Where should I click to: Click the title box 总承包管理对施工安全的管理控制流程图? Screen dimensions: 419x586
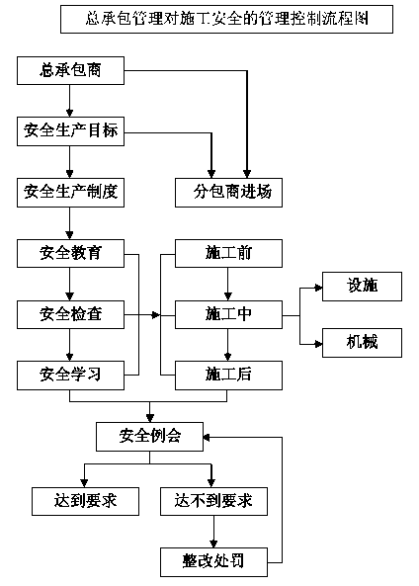point(226,19)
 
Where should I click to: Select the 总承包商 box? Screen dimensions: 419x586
point(70,70)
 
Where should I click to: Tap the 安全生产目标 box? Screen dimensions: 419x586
point(70,131)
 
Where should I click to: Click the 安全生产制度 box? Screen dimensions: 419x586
point(70,193)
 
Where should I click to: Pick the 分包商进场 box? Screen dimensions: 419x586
point(228,193)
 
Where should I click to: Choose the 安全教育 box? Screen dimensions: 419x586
point(70,253)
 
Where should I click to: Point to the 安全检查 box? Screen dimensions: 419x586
point(70,314)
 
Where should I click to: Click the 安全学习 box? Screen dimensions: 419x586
point(70,376)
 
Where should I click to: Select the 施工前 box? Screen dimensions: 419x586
point(228,253)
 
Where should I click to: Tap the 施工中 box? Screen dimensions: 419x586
point(228,314)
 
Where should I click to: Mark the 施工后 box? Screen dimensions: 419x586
point(228,376)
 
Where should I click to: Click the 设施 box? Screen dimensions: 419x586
point(363,287)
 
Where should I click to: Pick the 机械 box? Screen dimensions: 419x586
point(363,343)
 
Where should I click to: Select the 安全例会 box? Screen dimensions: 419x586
point(150,437)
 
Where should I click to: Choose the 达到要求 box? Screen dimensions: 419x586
point(86,501)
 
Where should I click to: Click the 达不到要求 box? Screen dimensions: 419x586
point(213,501)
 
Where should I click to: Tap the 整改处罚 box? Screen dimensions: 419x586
point(213,562)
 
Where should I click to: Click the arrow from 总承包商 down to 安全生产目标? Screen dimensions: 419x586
point(69,101)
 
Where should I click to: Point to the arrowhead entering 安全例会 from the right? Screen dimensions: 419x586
point(207,437)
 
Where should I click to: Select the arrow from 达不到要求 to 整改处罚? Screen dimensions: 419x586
point(213,532)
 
